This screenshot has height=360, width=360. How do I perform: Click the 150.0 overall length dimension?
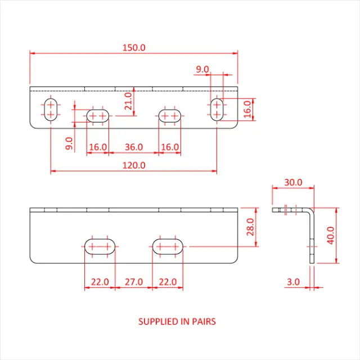coord(134,48)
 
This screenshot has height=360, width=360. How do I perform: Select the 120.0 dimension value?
coord(134,165)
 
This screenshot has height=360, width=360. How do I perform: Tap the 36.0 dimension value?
coord(133,147)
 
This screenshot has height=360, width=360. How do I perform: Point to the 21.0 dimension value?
coord(128,101)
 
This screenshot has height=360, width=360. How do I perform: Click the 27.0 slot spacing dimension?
coord(133,281)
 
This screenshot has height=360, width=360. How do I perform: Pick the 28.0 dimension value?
coord(250,227)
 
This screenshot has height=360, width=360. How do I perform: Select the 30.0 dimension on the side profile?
coord(292,182)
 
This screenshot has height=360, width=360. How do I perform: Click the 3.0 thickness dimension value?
coord(292,282)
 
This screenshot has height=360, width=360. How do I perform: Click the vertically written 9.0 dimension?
coord(69,143)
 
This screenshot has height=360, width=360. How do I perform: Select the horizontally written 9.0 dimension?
coord(202,69)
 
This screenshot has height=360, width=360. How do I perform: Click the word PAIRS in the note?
coord(204,322)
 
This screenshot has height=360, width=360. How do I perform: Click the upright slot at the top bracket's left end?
coord(51,109)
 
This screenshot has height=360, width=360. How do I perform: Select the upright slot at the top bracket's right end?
coord(217,109)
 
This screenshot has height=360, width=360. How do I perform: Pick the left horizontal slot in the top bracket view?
coord(97,116)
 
